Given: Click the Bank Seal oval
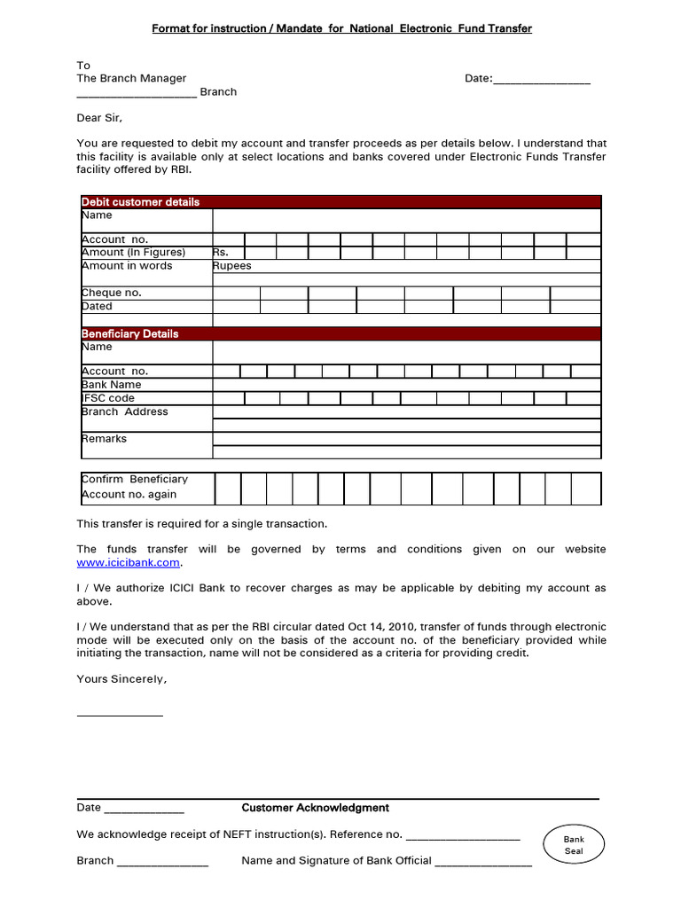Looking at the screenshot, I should pyautogui.click(x=574, y=844).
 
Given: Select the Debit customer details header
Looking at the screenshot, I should pyautogui.click(x=140, y=202).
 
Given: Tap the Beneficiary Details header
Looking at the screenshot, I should pyautogui.click(x=129, y=333).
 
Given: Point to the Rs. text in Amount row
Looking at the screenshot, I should pyautogui.click(x=221, y=253).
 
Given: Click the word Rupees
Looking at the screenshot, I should pyautogui.click(x=232, y=266).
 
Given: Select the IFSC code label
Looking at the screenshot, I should pyautogui.click(x=108, y=398).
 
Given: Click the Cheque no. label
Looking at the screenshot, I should pyautogui.click(x=112, y=293).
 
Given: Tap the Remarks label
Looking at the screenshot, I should pyautogui.click(x=104, y=439).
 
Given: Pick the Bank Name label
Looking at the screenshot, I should pyautogui.click(x=112, y=385).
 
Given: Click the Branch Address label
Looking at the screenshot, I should pyautogui.click(x=124, y=411).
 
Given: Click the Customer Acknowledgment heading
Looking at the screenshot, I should pyautogui.click(x=315, y=808).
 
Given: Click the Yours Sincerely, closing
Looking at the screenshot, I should pyautogui.click(x=121, y=679).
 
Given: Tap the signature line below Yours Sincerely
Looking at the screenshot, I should pyautogui.click(x=120, y=715).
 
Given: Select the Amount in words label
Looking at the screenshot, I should pyautogui.click(x=127, y=266).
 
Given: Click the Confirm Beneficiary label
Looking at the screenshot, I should pyautogui.click(x=135, y=479).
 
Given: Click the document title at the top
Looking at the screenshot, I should pyautogui.click(x=341, y=29).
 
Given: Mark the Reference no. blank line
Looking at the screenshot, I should pyautogui.click(x=462, y=837).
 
